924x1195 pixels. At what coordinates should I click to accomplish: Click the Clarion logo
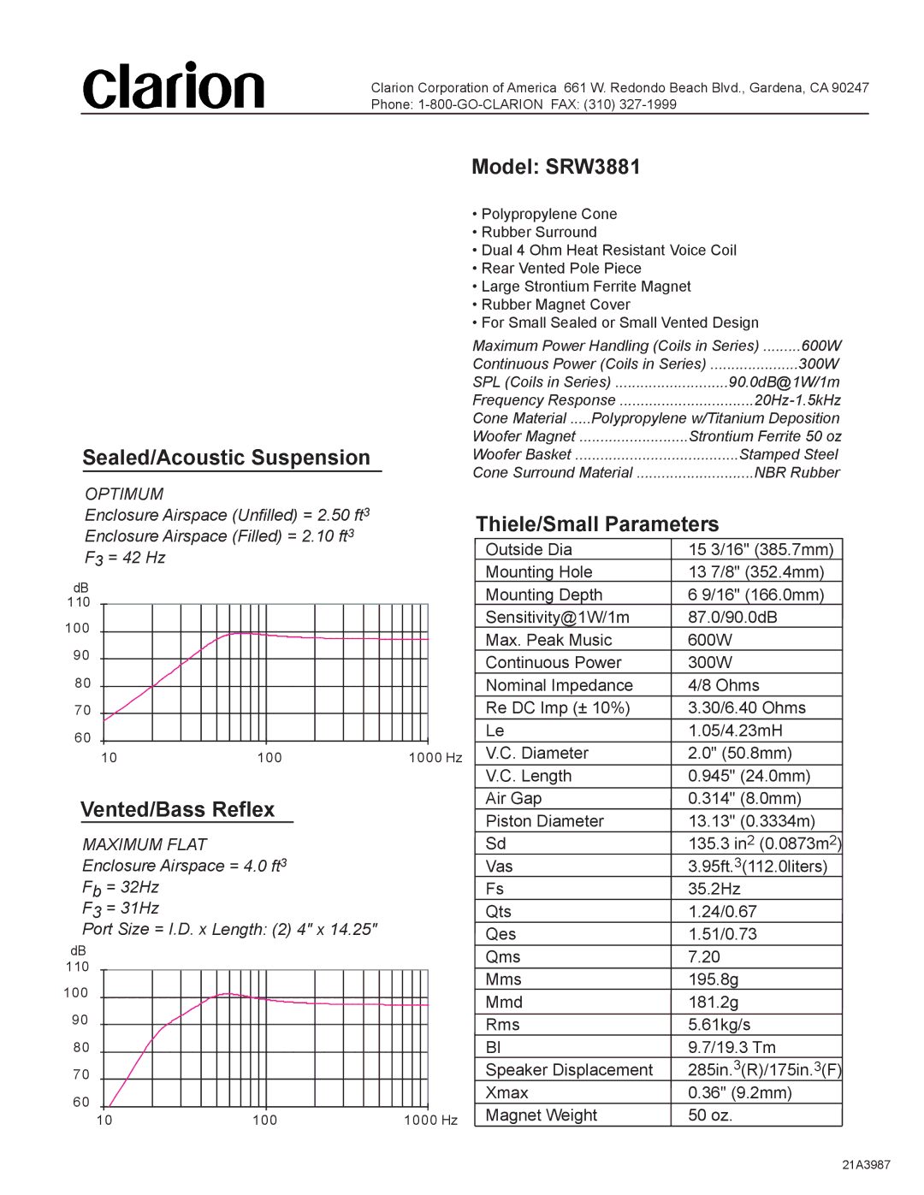tap(174, 86)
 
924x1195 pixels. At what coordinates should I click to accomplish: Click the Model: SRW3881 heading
tap(555, 167)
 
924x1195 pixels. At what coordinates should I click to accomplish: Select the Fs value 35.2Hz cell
tap(714, 889)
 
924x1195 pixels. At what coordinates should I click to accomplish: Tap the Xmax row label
tap(506, 1092)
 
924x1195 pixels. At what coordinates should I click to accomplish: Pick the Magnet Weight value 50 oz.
tap(710, 1115)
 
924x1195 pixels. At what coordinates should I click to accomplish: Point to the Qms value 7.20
tap(704, 956)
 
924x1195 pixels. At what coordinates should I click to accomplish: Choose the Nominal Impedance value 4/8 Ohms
tap(724, 685)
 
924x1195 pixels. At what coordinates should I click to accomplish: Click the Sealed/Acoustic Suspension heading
tap(227, 458)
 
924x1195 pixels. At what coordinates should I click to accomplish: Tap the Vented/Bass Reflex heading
tap(178, 809)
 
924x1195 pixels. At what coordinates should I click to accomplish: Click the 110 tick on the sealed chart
tap(79, 602)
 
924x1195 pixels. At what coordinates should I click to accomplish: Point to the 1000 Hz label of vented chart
tap(430, 1120)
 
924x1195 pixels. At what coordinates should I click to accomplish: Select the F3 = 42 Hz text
tap(125, 558)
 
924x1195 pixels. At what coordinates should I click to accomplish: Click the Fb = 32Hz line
tap(121, 888)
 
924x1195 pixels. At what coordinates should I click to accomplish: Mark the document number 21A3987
tap(866, 1164)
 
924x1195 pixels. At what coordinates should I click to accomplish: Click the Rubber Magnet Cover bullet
tap(555, 305)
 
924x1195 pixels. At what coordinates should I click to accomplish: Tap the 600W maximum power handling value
tap(821, 346)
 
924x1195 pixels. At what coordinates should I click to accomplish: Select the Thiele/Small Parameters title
tap(597, 524)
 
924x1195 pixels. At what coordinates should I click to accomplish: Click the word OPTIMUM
tap(124, 494)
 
